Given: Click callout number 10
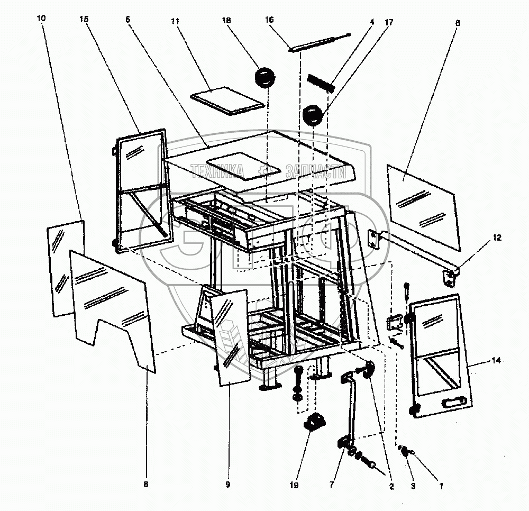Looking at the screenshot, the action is coord(41,18).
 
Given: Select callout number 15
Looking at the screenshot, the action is coord(84,19).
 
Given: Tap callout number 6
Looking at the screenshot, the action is coord(127,20).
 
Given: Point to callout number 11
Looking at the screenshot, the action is coord(175,21).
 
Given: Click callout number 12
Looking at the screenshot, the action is coord(497,238).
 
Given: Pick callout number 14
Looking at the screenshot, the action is coord(496,361).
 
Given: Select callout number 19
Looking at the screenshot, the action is coord(294,485).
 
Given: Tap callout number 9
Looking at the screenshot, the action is coord(228,485).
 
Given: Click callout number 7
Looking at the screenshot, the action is coord(332,485).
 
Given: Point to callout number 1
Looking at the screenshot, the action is coord(441,486).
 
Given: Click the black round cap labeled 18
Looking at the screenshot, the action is coord(265,77).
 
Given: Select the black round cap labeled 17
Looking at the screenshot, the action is coord(313,115).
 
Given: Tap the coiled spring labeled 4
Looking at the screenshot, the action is coord(321,83).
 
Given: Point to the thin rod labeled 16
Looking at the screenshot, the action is coord(320,42).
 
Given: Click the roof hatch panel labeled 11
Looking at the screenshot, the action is coord(227,101).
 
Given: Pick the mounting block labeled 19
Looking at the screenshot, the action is coord(315,423).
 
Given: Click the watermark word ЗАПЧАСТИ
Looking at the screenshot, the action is coord(316,171).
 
